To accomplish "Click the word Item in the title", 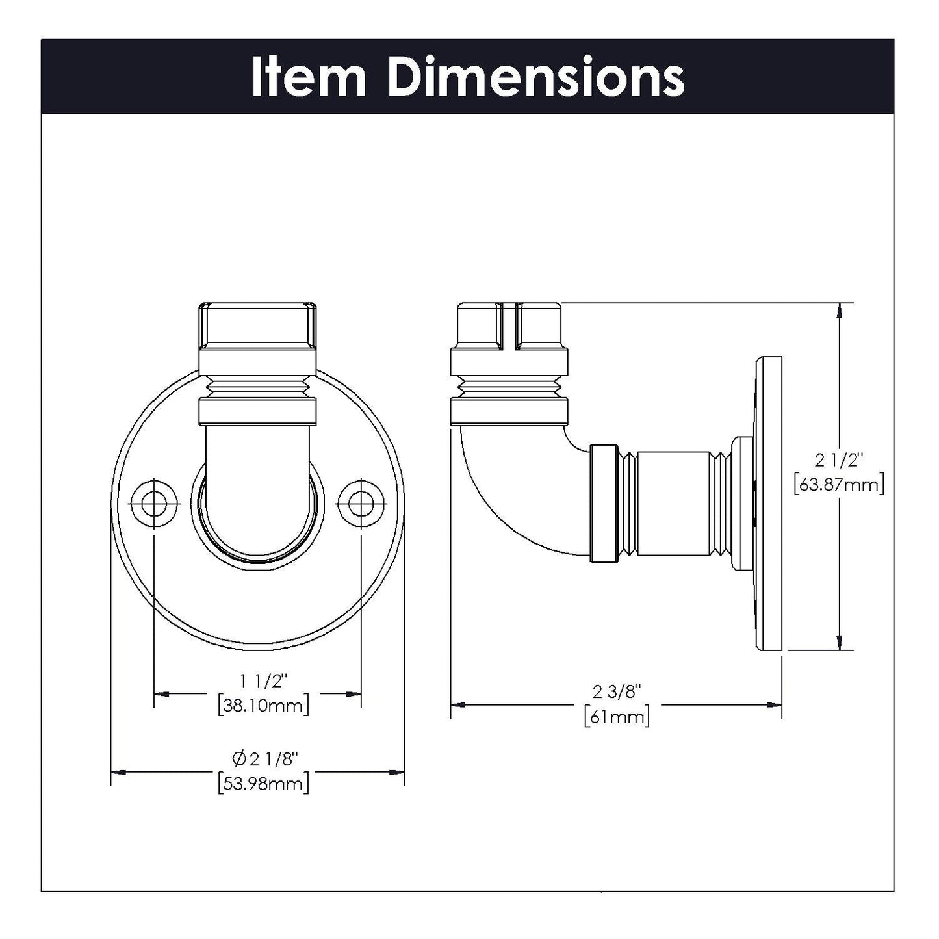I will click(308, 77).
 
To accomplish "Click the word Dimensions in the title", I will click(535, 77).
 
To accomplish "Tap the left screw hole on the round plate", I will click(154, 502).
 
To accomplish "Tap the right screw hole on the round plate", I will click(361, 502).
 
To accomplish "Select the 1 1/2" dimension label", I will click(263, 681).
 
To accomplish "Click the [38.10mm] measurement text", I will click(263, 705).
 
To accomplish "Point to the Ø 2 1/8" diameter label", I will click(264, 758).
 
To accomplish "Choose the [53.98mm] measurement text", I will click(263, 783).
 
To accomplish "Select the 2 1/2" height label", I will click(839, 460).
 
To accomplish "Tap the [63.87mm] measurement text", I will click(839, 485).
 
